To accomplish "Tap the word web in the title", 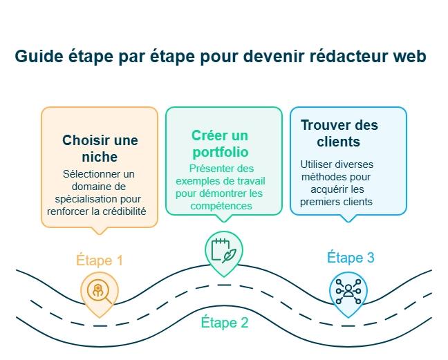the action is pyautogui.click(x=410, y=57).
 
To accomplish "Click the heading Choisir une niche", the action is pyautogui.click(x=100, y=149).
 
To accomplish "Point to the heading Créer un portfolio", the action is pyautogui.click(x=220, y=143).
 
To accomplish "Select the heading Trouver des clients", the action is pyautogui.click(x=339, y=133).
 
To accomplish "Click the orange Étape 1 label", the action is pyautogui.click(x=100, y=260).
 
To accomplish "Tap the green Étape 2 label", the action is pyautogui.click(x=225, y=322).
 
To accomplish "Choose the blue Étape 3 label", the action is pyautogui.click(x=351, y=258).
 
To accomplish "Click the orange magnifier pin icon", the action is pyautogui.click(x=99, y=290).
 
